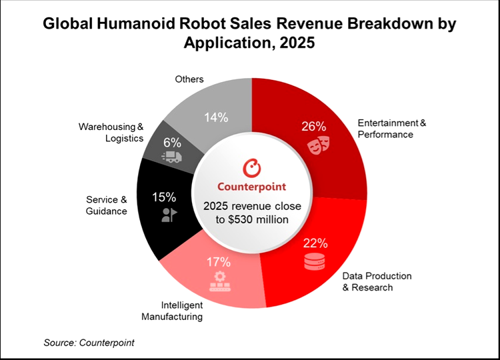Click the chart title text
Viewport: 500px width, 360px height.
250,34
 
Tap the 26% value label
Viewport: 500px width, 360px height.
313,126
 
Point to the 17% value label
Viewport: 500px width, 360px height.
218,262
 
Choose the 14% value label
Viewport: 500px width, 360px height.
216,117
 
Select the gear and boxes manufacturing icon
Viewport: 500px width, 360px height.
218,283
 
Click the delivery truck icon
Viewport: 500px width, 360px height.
172,157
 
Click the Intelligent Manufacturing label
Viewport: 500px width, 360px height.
171,311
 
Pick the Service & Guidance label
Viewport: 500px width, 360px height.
106,205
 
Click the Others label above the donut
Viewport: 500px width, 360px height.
189,79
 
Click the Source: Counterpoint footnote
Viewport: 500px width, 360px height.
89,343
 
